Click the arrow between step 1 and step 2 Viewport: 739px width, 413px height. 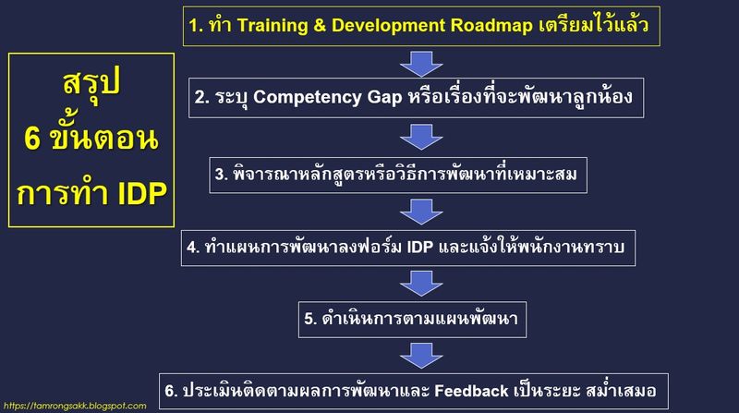[x=421, y=63]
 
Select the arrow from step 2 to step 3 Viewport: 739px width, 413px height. [x=421, y=135]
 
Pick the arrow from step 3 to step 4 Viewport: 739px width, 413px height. [x=421, y=210]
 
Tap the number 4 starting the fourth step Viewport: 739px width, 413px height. [x=191, y=248]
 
